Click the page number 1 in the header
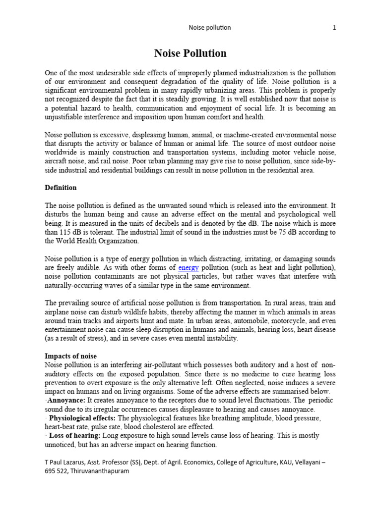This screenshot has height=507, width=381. tap(334, 28)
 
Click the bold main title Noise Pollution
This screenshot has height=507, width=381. tap(190, 53)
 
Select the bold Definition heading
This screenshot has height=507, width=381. tap(61, 188)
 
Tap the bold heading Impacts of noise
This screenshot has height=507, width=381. tap(70, 356)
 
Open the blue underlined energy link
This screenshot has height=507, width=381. tap(189, 268)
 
